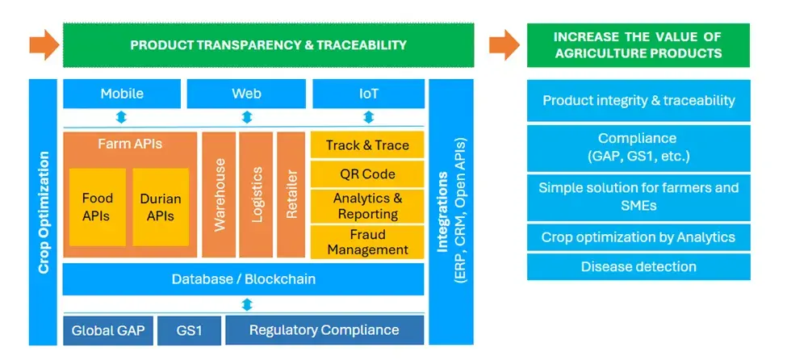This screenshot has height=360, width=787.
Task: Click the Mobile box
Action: tap(122, 94)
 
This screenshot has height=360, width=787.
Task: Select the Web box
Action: tap(246, 94)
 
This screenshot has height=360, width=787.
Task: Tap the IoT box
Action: tap(368, 94)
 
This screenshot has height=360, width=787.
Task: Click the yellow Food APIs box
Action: tap(98, 207)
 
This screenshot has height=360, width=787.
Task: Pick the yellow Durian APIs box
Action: tap(161, 207)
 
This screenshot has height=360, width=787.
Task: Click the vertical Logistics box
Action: tap(256, 195)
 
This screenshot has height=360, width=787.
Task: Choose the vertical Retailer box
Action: tap(291, 195)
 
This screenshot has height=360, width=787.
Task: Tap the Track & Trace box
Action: tap(367, 146)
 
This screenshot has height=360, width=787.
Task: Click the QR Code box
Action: tap(367, 174)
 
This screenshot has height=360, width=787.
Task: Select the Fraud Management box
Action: tap(367, 242)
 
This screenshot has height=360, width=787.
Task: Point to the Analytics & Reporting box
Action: tap(367, 207)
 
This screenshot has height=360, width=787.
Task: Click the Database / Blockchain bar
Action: tap(243, 279)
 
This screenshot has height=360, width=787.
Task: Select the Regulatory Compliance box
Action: tap(324, 330)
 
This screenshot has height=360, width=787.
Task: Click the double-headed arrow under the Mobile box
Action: tap(121, 118)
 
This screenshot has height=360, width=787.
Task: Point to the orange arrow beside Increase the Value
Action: tap(504, 44)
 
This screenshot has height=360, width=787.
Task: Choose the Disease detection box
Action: tap(638, 266)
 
